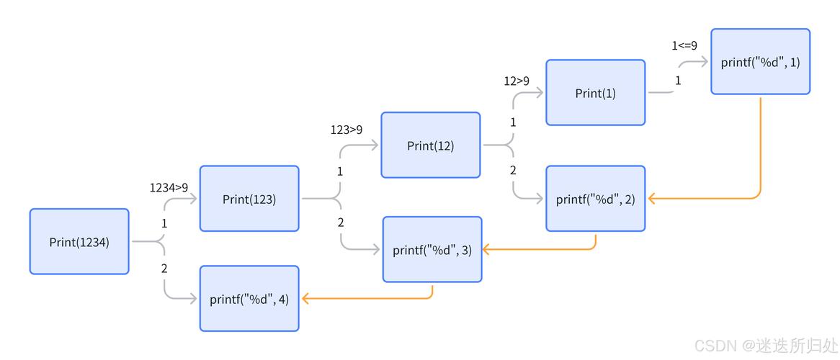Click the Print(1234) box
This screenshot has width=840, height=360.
click(79, 242)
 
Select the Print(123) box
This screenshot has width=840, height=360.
click(249, 199)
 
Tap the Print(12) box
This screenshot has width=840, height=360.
click(430, 145)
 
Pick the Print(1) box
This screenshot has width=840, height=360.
click(595, 93)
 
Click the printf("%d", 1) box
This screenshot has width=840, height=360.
click(760, 62)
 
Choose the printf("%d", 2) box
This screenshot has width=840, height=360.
click(595, 199)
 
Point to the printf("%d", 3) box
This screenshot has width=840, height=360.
click(432, 250)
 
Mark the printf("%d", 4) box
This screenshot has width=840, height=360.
click(249, 299)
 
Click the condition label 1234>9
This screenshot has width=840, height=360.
click(169, 187)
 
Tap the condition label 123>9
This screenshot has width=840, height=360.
click(347, 130)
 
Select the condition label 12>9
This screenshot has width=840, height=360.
click(516, 81)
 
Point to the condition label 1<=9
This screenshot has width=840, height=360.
click(684, 45)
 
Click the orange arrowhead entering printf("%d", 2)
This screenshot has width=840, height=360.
click(651, 198)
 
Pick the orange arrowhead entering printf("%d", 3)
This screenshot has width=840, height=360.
click(487, 249)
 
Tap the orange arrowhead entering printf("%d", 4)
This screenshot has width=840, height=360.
click(305, 298)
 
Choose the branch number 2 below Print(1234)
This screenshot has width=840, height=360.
click(164, 269)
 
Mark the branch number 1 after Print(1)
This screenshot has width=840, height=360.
click(678, 81)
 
